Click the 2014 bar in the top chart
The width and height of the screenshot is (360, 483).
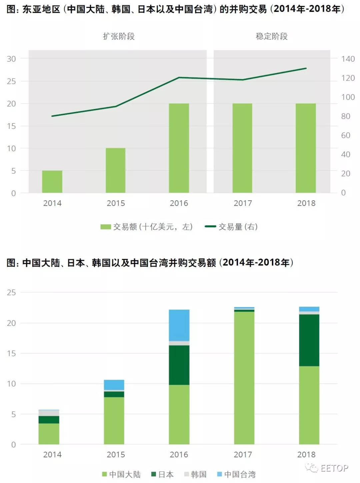(x=52, y=182)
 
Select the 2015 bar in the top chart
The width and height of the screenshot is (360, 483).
(x=115, y=170)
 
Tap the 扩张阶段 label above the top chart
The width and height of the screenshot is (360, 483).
(x=119, y=36)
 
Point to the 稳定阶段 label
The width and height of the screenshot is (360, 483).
(x=272, y=36)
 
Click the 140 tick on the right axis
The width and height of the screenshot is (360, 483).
(x=348, y=59)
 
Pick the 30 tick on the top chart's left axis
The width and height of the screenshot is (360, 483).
(x=11, y=59)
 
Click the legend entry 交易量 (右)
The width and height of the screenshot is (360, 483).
(x=231, y=227)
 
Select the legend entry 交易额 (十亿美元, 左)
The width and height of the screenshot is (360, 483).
(x=147, y=227)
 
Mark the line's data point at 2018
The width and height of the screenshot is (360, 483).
(x=306, y=69)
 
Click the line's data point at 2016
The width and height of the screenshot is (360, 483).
(x=179, y=78)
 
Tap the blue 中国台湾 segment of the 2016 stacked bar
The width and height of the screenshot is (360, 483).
(x=179, y=325)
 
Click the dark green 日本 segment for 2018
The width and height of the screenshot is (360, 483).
(x=309, y=340)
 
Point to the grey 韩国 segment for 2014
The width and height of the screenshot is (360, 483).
(x=49, y=413)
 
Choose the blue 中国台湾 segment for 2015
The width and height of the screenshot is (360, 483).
(x=114, y=385)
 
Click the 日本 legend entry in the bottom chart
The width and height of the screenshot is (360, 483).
(x=163, y=474)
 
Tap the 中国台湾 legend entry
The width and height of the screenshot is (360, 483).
(x=236, y=474)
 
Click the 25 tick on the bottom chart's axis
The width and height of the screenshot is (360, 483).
(x=11, y=292)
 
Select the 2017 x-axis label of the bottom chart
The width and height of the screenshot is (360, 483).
(x=243, y=454)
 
